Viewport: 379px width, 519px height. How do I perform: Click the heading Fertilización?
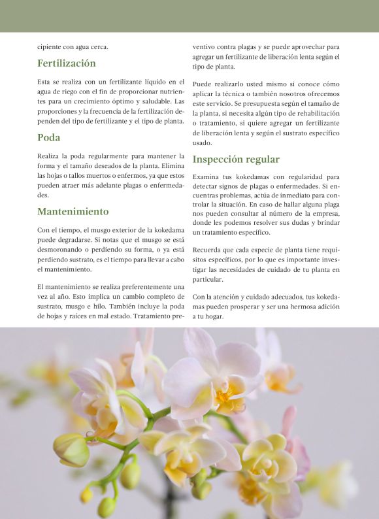pos(67,63)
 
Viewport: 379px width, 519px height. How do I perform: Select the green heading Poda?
pos(49,138)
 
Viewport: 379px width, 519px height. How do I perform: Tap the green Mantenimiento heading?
pos(73,212)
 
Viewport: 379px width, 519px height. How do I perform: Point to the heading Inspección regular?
pos(236,159)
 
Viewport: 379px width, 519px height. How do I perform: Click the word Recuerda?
pos(210,250)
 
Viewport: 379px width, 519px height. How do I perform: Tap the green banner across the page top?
pos(189,16)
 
